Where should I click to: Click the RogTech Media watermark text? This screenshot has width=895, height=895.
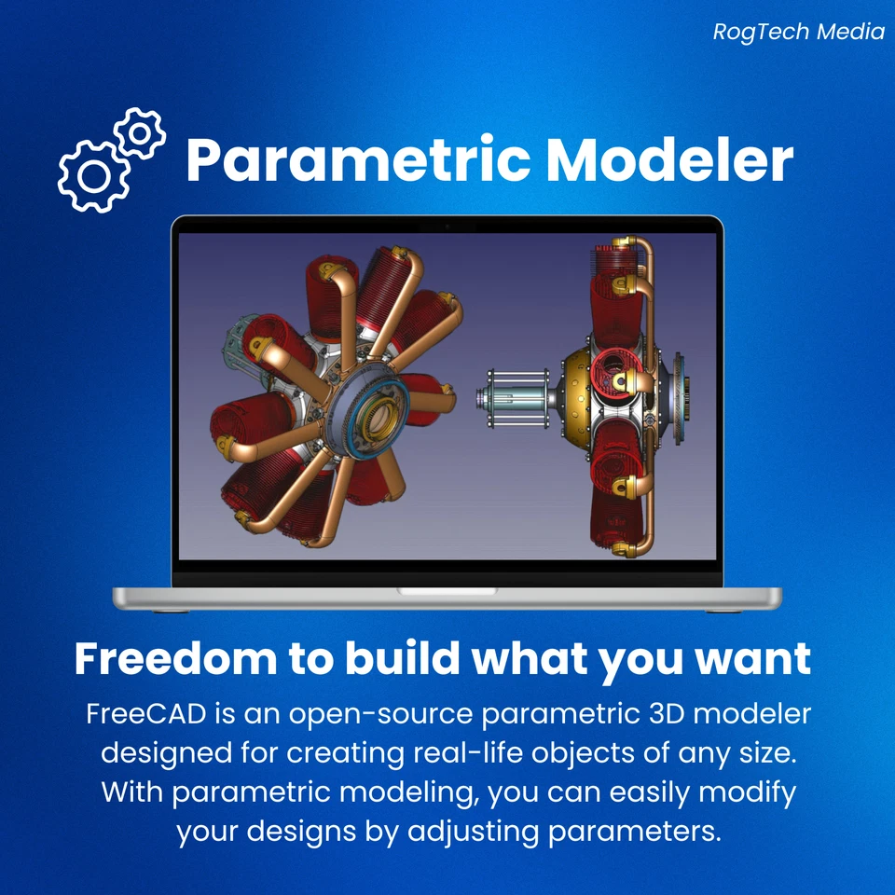pyautogui.click(x=799, y=32)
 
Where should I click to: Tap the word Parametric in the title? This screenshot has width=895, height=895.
pyautogui.click(x=359, y=160)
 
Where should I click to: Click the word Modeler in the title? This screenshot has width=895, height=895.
pyautogui.click(x=669, y=160)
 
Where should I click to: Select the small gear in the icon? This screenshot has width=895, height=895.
pyautogui.click(x=141, y=133)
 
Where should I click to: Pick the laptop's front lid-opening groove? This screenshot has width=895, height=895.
pyautogui.click(x=447, y=591)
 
